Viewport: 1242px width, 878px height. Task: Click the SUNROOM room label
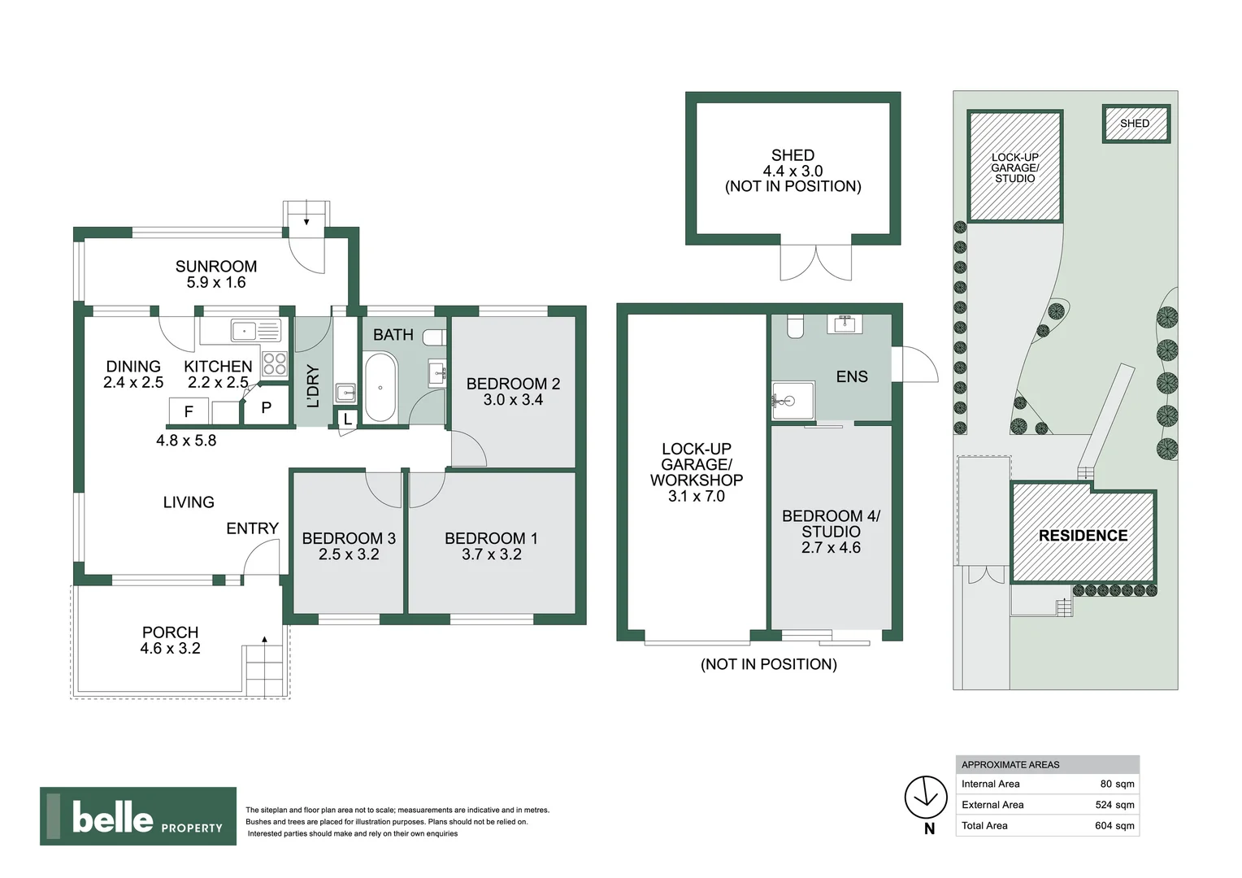216,267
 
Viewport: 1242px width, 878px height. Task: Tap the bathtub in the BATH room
380,387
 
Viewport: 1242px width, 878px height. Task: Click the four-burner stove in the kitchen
275,363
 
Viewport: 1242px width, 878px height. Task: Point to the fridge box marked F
189,411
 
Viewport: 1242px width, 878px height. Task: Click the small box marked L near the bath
348,419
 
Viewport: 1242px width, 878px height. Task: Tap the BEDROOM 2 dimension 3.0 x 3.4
513,400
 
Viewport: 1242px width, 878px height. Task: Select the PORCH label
170,632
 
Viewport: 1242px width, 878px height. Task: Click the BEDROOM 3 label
349,538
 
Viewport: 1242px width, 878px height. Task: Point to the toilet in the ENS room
796,326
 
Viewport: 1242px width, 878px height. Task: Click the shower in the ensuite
792,401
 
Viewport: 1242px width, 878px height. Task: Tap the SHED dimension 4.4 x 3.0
793,171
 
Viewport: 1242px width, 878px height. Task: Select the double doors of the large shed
816,262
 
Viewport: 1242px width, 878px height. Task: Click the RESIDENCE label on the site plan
1083,536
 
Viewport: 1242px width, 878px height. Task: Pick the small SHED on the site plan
1136,124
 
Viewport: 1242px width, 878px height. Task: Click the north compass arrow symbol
926,798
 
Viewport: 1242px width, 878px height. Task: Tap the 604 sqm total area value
1114,826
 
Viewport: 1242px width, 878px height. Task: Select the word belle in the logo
112,817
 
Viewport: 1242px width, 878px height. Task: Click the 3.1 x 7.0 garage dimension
697,497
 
